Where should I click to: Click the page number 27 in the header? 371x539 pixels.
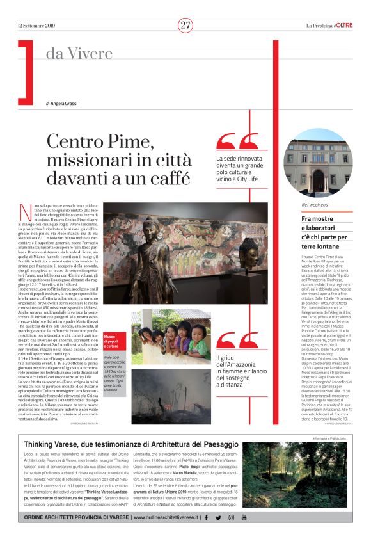[x=185, y=26]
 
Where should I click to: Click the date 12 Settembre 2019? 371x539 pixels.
[x=36, y=26]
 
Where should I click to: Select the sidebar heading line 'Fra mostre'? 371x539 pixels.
[x=319, y=219]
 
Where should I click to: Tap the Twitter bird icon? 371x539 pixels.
[x=218, y=517]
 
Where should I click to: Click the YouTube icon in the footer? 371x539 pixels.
[x=243, y=517]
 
